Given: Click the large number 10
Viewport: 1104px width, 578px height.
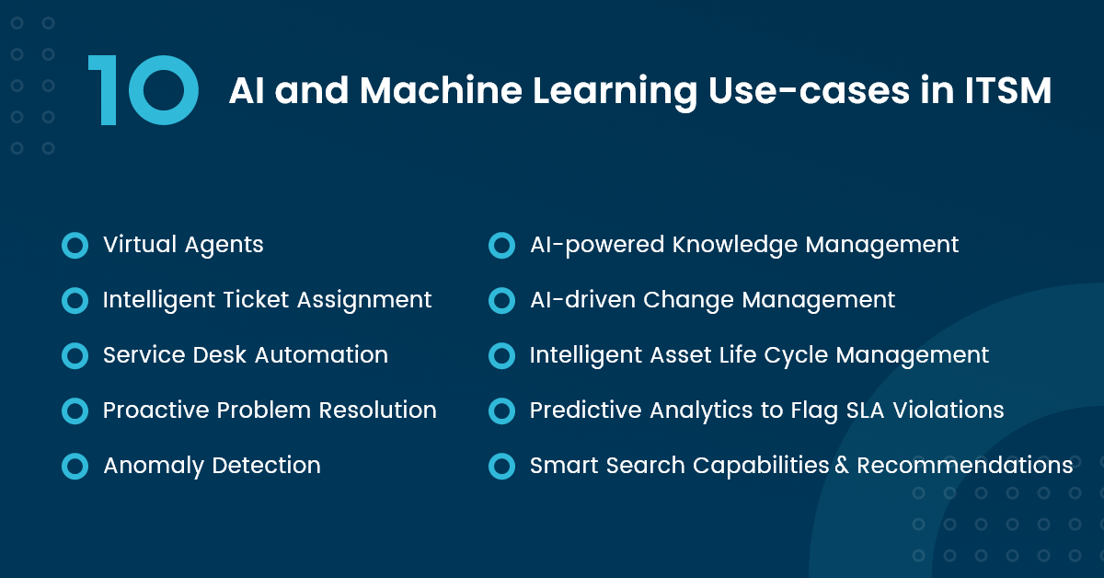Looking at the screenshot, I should (x=144, y=90).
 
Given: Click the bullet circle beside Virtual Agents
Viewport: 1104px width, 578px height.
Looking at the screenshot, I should (x=75, y=245).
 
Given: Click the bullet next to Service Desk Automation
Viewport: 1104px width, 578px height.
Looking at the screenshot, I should (x=75, y=355).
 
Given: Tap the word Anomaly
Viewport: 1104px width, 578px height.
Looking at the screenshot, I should (x=154, y=466).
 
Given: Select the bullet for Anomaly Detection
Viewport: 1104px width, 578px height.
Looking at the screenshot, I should (x=75, y=466).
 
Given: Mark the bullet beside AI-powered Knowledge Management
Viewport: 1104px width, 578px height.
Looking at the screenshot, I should (x=501, y=245).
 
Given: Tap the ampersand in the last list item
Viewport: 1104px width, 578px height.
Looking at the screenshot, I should (x=841, y=467).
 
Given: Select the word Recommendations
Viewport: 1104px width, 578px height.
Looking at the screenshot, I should (x=964, y=466).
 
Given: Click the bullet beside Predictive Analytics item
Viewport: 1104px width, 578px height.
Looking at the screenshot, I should (x=501, y=410).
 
